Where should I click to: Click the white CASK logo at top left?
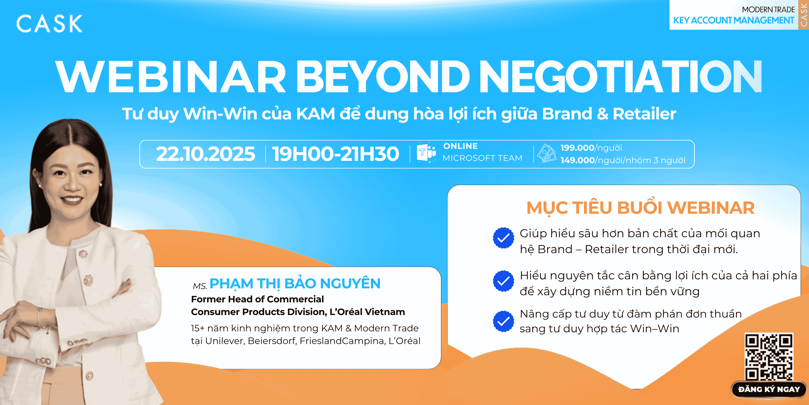coord(49,23)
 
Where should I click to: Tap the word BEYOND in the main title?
coord(382,77)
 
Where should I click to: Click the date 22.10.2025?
coord(206,154)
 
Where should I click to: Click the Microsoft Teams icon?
coord(426,153)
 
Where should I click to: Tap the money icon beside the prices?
coord(547,153)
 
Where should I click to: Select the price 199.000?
coord(577,148)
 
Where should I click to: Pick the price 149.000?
coord(578,160)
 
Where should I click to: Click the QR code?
coord(769,357)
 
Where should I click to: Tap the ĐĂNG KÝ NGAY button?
coord(769,389)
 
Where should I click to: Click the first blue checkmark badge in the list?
coord(503,238)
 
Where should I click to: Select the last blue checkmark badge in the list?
coord(503,321)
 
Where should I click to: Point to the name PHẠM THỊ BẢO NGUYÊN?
coord(295,284)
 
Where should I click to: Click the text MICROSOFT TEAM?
coord(482,158)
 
